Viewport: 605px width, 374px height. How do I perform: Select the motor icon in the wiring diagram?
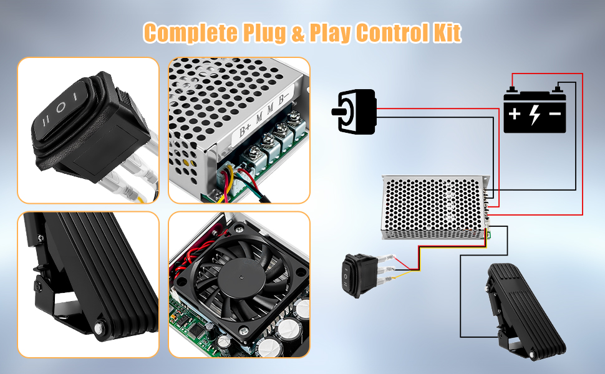tap(354, 112)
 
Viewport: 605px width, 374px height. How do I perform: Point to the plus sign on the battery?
tap(515, 115)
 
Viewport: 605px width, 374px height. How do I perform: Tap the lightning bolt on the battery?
tap(535, 115)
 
